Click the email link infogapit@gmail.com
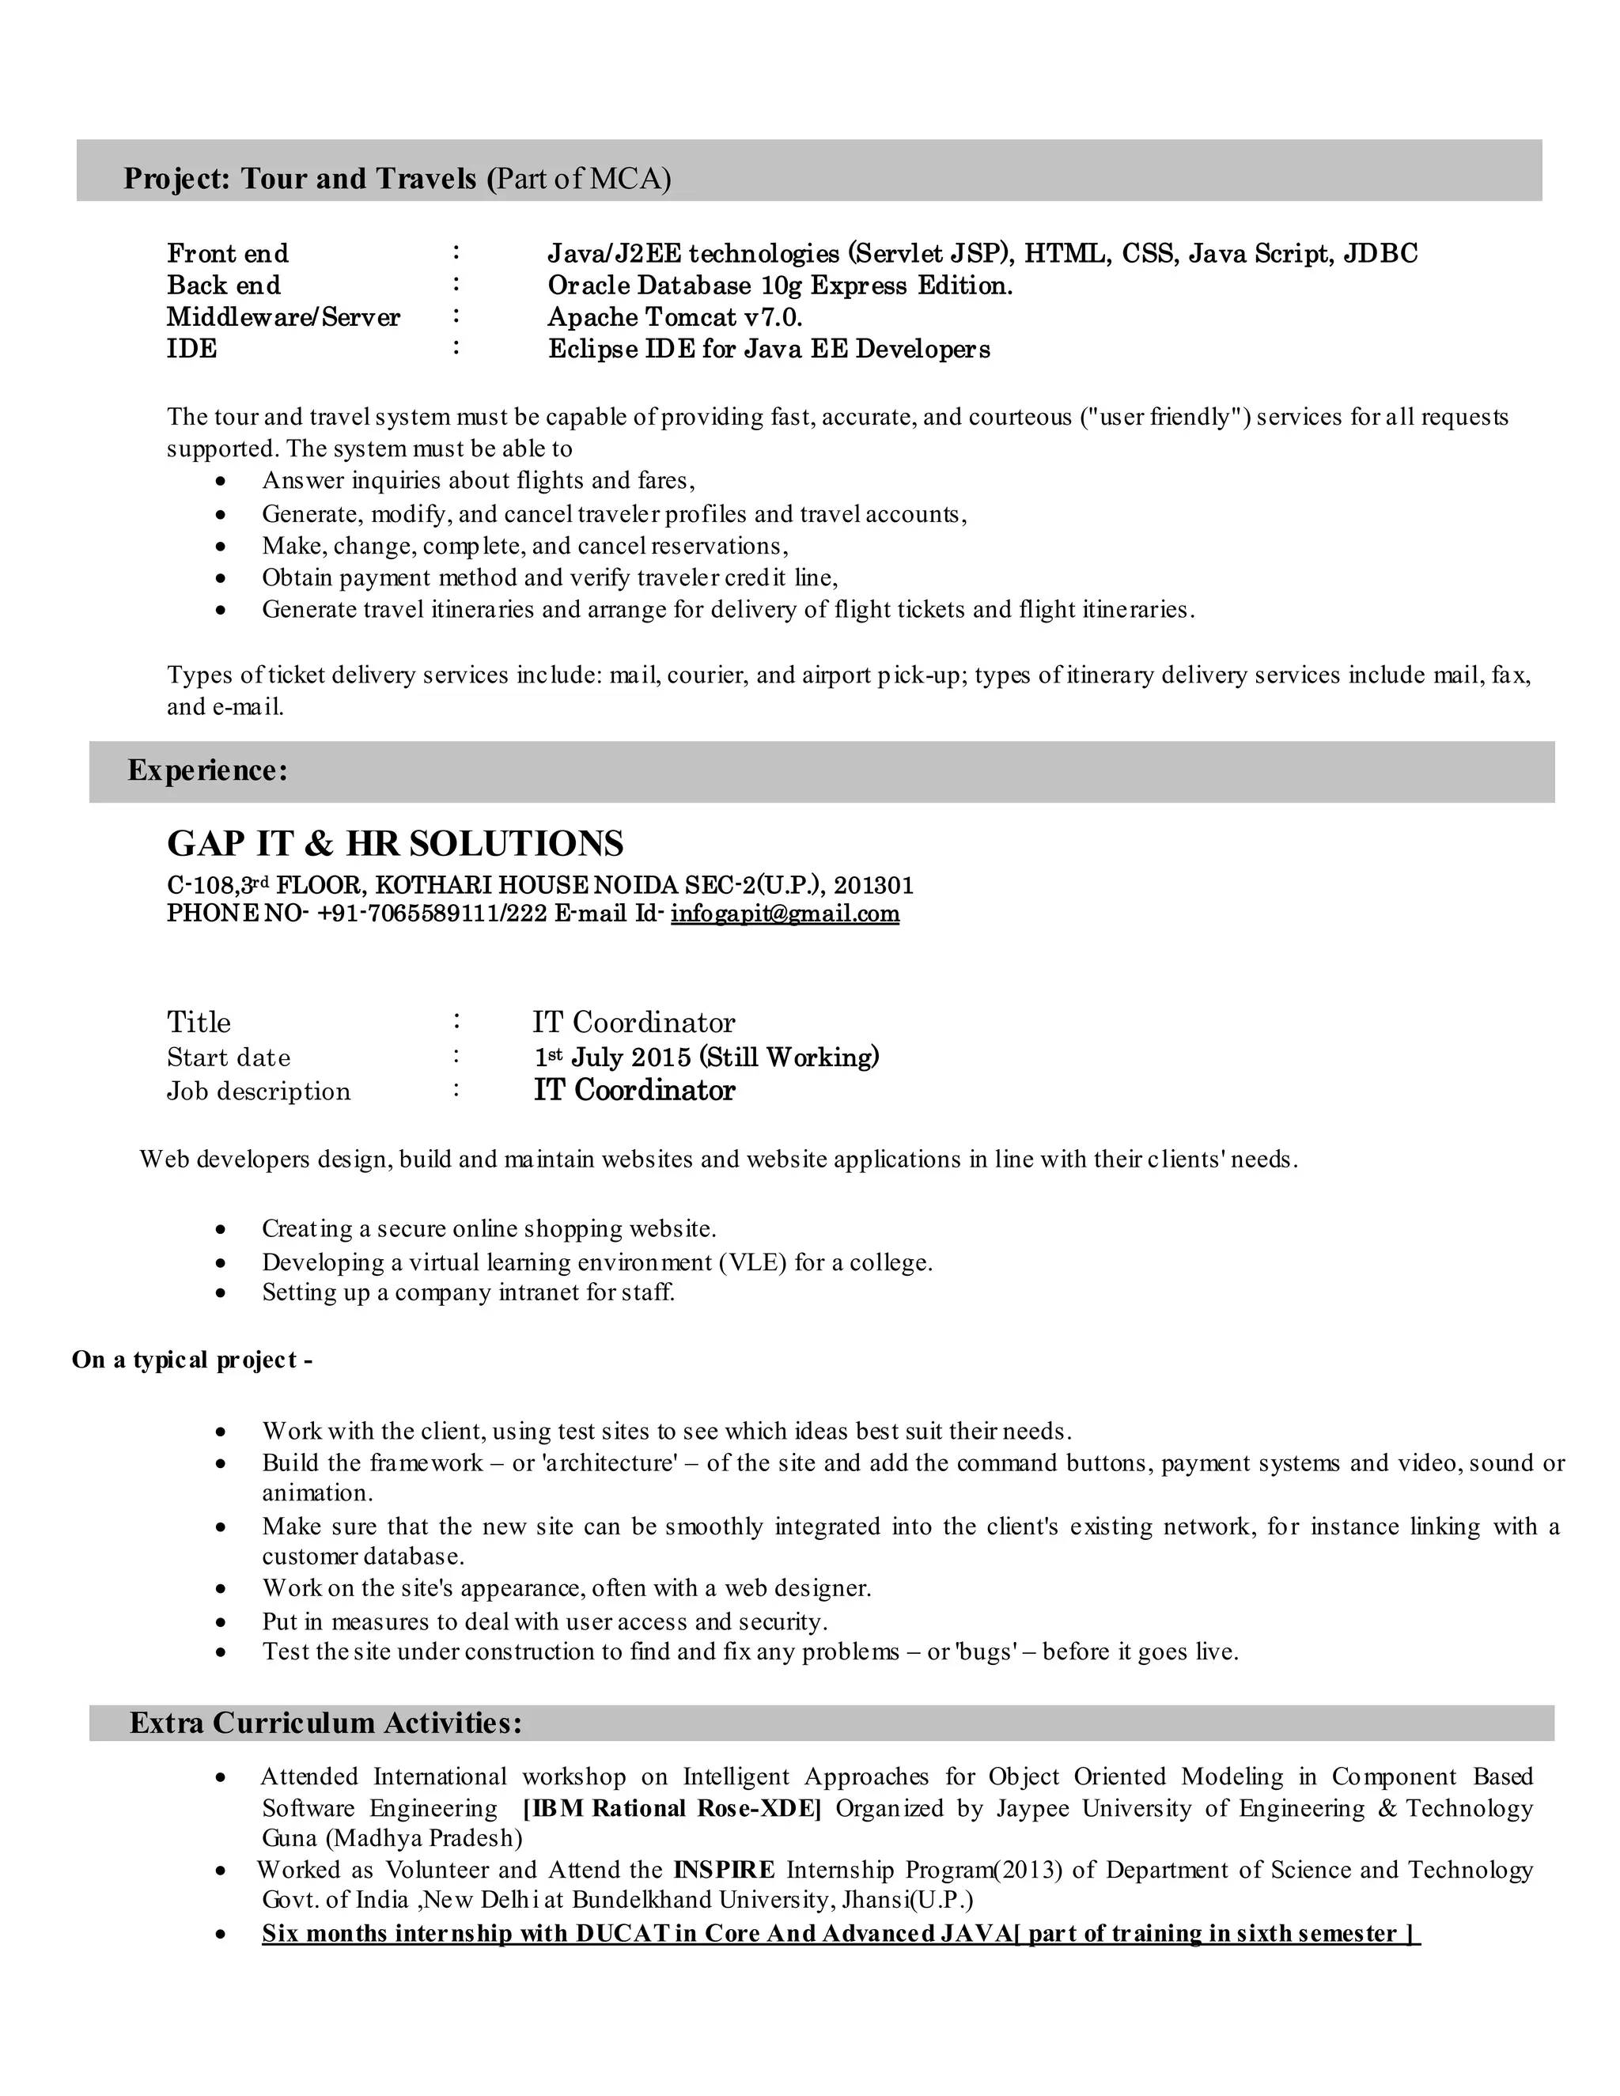point(784,913)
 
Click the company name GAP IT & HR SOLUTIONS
point(395,844)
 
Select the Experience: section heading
point(207,770)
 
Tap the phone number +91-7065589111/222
point(432,913)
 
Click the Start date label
point(229,1057)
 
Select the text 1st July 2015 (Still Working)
point(706,1057)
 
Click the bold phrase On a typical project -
point(192,1360)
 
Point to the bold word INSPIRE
point(725,1870)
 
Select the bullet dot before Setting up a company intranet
point(221,1294)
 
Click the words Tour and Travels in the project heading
point(358,179)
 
